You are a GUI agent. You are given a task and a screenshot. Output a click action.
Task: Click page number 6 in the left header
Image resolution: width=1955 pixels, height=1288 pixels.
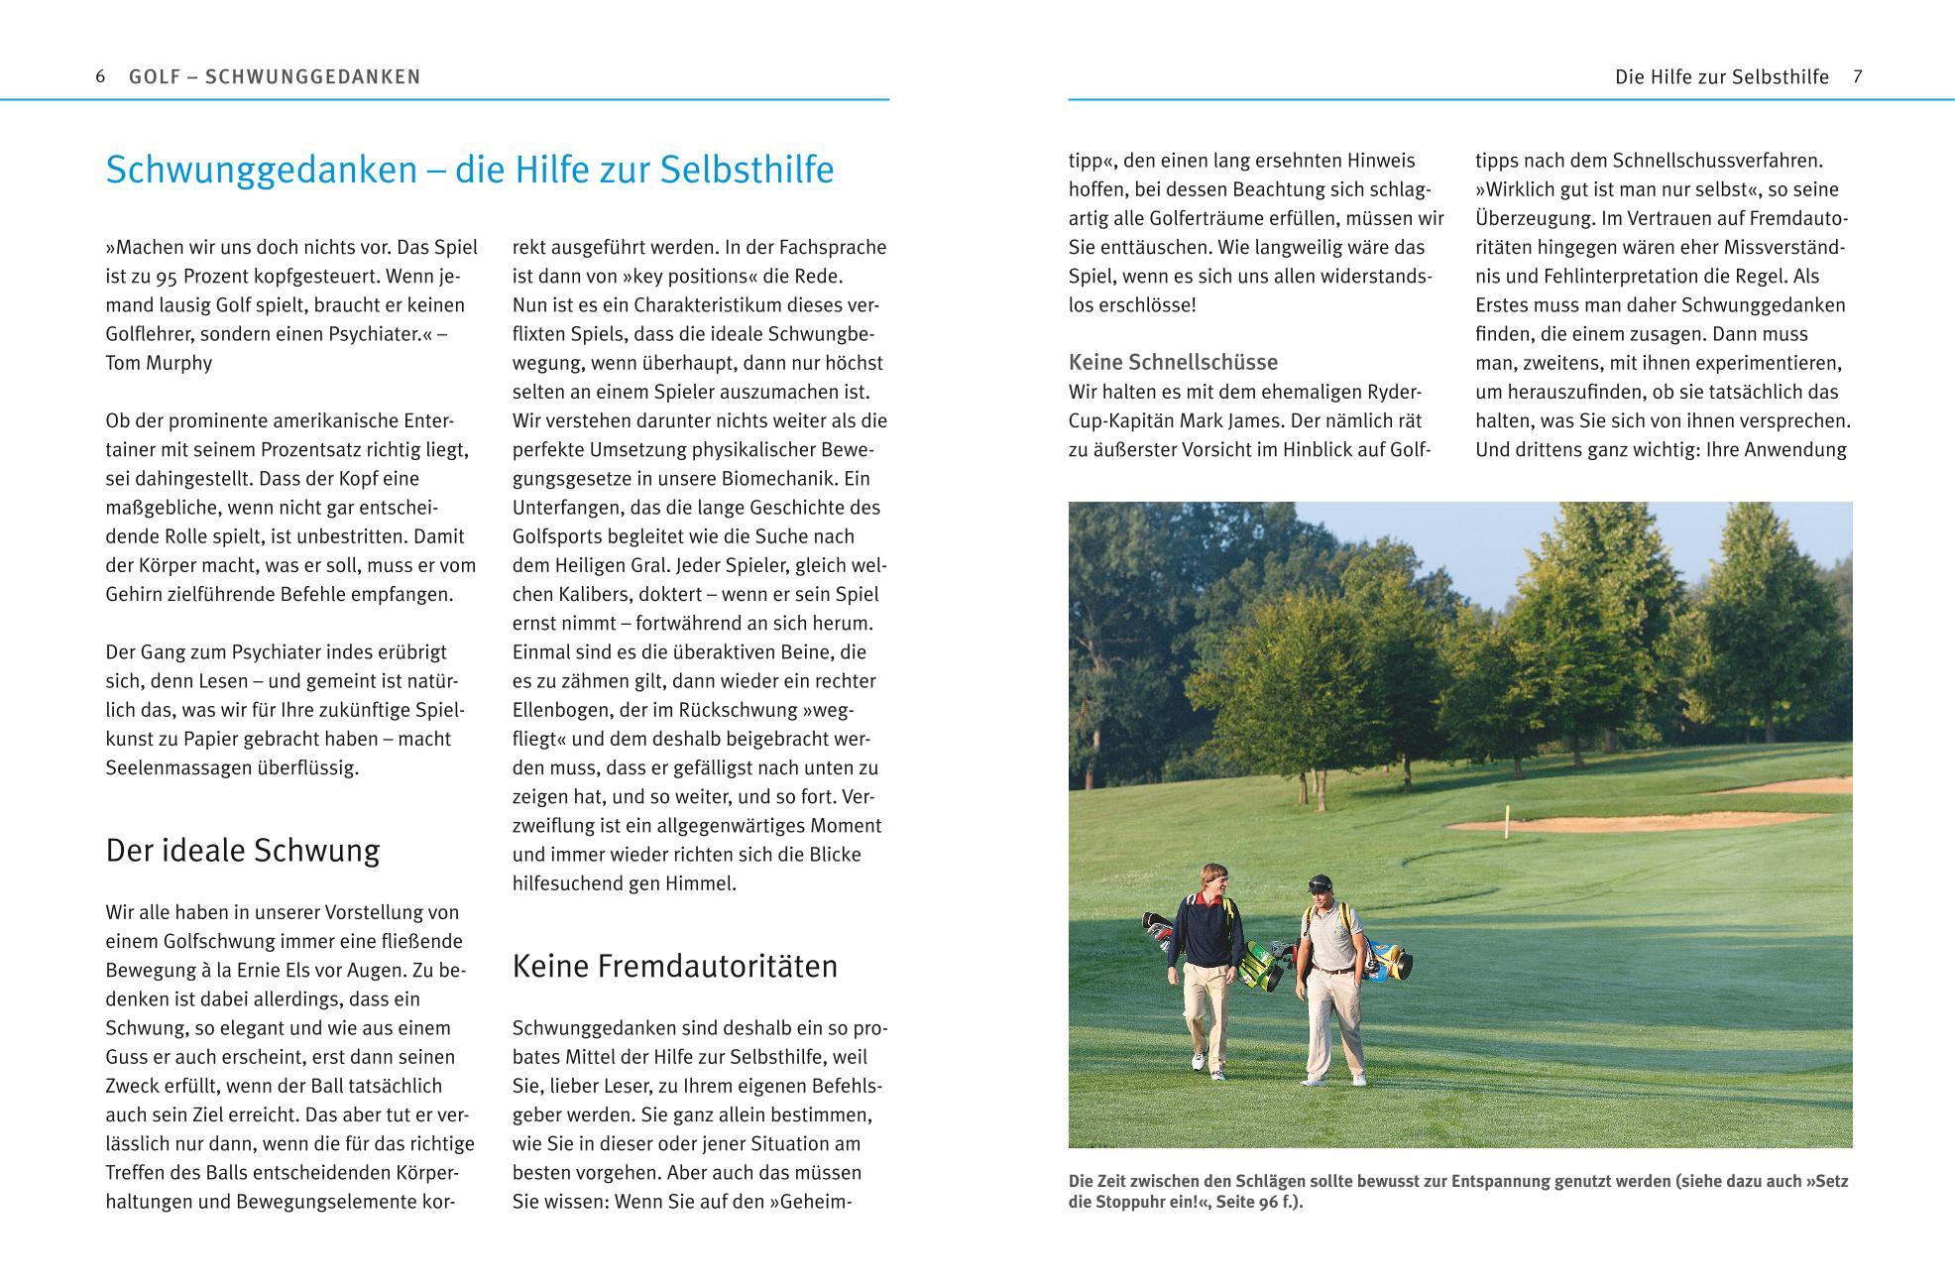coord(100,76)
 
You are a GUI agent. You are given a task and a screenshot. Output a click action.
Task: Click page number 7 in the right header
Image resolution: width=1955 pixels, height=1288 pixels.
coord(1858,76)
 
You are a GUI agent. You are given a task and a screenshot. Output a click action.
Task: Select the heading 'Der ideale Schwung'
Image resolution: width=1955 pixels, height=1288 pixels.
coord(243,851)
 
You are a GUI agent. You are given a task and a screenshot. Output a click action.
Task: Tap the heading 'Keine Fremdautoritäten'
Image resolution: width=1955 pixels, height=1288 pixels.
coord(675,966)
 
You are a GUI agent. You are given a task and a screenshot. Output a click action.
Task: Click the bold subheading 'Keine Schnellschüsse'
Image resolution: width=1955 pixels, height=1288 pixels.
coord(1173,362)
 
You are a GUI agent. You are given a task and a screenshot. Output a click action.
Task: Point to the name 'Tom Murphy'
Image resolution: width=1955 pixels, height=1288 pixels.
coord(159,363)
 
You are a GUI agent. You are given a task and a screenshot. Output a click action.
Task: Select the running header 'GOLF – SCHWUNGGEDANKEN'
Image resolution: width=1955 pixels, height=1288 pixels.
coord(275,76)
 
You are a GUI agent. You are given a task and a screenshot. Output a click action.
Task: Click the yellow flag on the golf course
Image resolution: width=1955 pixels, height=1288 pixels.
coord(1508,816)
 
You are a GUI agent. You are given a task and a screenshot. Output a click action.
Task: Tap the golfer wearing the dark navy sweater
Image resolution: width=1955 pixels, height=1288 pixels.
coord(1206,962)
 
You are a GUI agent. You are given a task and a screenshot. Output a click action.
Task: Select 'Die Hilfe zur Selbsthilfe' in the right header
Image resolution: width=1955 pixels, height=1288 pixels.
coord(1722,76)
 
